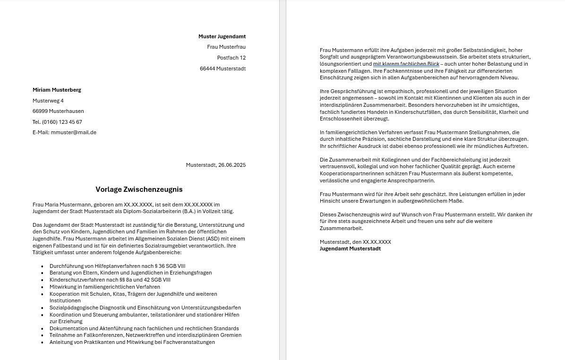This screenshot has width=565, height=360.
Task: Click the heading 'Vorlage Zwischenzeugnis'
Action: point(139,189)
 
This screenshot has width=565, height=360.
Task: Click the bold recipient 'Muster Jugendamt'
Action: point(222,36)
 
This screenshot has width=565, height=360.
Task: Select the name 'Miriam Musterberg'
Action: point(57,90)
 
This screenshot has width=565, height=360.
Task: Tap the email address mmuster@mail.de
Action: point(73,133)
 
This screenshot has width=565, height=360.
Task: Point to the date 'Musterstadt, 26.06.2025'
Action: point(215,165)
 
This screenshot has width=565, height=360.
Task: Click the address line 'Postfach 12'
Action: point(231,58)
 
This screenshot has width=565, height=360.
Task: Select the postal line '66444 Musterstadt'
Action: point(223,69)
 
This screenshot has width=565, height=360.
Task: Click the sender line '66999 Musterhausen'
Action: point(58,111)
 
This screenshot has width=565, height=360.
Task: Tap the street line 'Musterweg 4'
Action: point(48,101)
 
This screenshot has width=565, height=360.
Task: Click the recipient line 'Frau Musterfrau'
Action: point(226,47)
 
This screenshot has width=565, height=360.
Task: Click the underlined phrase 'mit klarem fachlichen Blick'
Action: point(406,64)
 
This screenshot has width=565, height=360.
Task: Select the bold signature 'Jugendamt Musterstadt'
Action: point(350,249)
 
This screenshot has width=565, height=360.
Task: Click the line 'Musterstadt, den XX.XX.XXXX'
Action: point(355,242)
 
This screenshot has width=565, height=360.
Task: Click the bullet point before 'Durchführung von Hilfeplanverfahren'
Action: point(42,266)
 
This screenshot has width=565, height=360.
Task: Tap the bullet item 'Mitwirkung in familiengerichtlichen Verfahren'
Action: point(104,287)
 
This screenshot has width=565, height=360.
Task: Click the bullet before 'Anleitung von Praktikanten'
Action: point(42,343)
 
